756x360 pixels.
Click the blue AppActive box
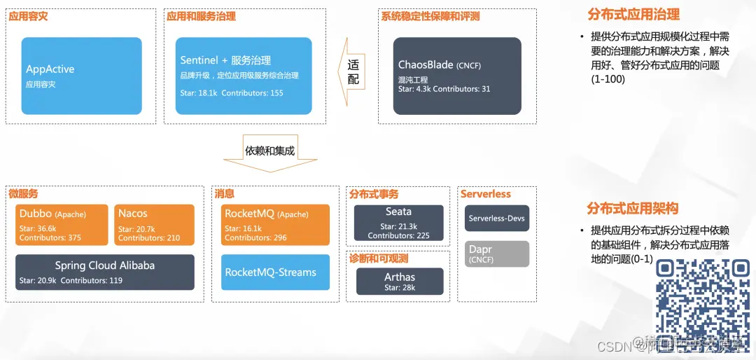[x=81, y=76]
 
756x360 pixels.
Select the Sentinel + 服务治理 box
[x=243, y=76]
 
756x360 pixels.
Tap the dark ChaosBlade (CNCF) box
[x=456, y=76]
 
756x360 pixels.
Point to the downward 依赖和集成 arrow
[x=269, y=156]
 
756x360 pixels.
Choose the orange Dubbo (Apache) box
[x=62, y=225]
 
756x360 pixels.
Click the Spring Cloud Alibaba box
[x=105, y=272]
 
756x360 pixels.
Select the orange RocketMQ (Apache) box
[x=275, y=225]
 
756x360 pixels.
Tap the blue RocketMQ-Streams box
[x=275, y=272]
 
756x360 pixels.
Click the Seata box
[x=398, y=222]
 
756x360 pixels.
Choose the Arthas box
[x=399, y=281]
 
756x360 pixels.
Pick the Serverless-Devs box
[x=496, y=219]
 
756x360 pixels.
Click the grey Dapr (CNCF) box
[x=496, y=254]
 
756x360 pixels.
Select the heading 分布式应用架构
[x=632, y=209]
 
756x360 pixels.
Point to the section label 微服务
[x=23, y=193]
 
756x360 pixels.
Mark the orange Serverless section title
[x=485, y=194]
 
